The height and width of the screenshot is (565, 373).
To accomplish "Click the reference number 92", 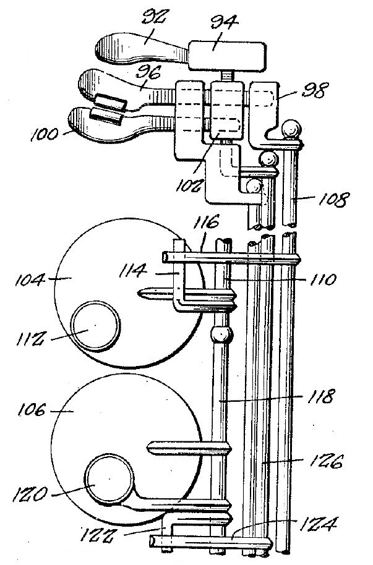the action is point(155,17).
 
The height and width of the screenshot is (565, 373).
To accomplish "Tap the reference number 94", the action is point(225,22).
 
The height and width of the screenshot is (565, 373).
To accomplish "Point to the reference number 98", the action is point(315,90).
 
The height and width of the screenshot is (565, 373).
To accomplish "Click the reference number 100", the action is point(44,135).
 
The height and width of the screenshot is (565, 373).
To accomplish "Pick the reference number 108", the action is point(334,200).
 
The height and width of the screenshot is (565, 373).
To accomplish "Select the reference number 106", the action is point(32,410).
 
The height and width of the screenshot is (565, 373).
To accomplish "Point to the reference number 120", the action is point(29,495).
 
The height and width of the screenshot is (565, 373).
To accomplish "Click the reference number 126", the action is point(326,461).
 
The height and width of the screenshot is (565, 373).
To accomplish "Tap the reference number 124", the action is point(317,524).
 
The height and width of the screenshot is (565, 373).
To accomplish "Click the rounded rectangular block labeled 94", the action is point(227,56).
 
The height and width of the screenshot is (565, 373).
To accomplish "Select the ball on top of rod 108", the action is point(291,129).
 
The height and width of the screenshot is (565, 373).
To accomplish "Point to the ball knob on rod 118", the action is point(221,334).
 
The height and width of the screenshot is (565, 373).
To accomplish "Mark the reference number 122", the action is point(96,535).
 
